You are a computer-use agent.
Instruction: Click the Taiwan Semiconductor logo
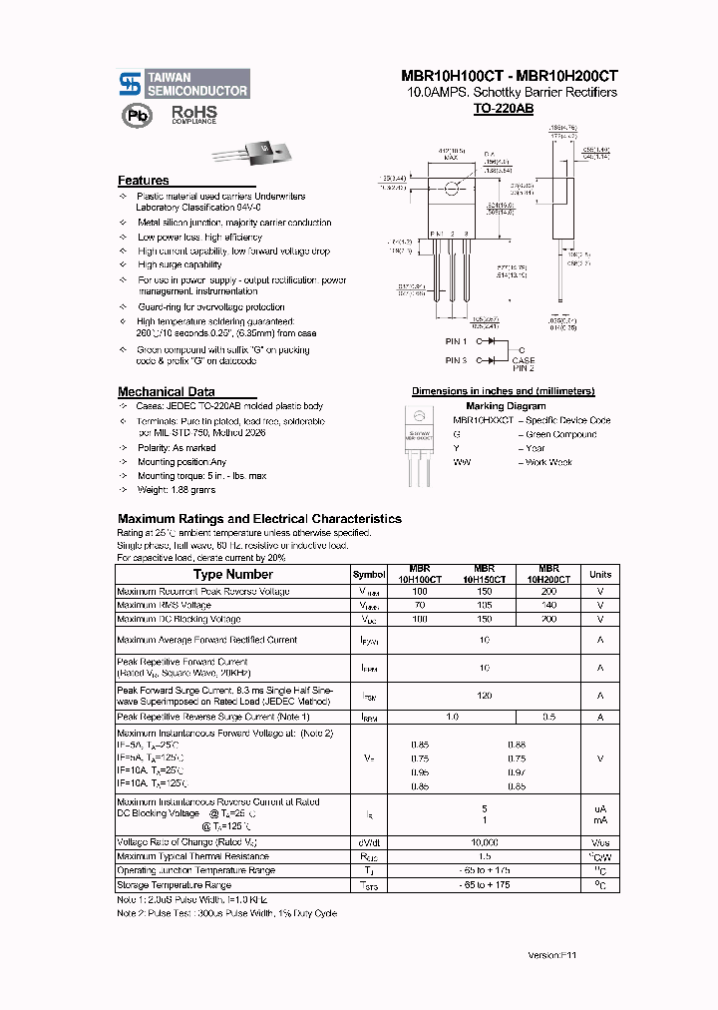183,83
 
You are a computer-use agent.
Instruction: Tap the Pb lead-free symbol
134,116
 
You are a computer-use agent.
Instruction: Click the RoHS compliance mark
193,114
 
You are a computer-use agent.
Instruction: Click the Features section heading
144,181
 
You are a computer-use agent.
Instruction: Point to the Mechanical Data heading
166,392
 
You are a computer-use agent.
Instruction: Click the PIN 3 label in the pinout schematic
457,360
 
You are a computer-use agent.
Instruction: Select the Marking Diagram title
506,406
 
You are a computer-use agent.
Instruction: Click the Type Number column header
232,575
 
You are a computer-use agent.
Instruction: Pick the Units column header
600,575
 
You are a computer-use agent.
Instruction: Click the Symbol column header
369,575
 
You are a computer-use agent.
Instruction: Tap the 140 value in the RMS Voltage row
548,606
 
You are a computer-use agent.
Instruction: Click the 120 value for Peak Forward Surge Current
484,696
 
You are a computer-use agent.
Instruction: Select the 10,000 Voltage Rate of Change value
484,842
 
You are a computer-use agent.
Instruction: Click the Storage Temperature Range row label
174,885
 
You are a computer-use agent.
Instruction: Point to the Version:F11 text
552,955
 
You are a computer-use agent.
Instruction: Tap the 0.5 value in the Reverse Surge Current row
548,718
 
